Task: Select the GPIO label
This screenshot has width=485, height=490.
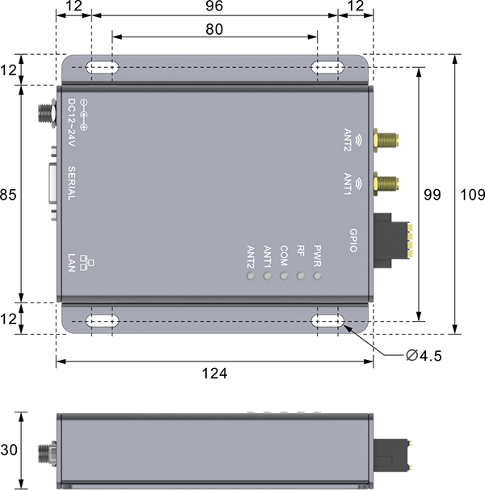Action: pos(353,239)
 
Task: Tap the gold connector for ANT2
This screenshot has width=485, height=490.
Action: pos(386,140)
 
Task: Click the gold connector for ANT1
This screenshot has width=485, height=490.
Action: pos(386,184)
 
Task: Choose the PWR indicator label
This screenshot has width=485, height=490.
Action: pos(318,256)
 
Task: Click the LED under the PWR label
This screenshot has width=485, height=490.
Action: pos(318,276)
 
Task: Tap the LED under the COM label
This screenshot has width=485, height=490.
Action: pos(284,276)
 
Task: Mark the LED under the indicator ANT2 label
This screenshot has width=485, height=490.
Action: pos(250,276)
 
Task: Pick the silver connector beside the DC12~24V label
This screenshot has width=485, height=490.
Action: pos(41,112)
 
